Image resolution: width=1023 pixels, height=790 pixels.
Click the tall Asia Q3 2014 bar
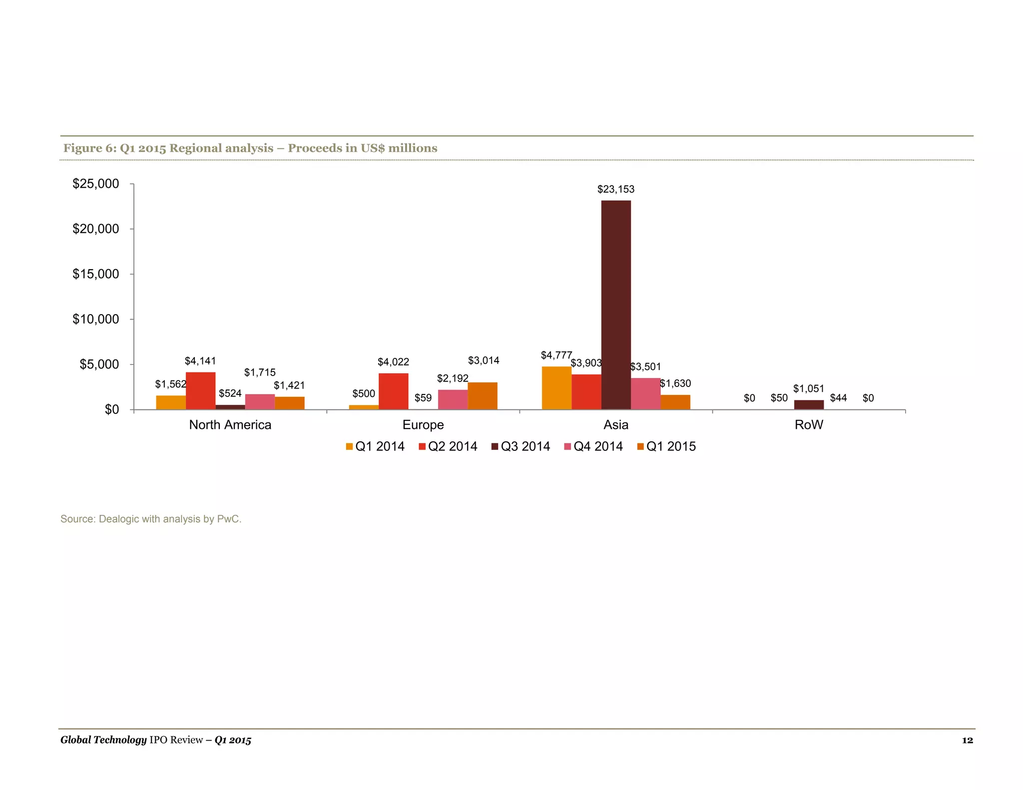click(615, 305)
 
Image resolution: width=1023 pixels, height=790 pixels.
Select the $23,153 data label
click(615, 189)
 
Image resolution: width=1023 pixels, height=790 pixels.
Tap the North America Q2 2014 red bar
click(200, 391)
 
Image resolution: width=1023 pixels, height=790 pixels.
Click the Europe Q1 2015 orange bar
click(482, 396)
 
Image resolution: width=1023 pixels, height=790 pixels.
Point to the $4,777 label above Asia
click(556, 355)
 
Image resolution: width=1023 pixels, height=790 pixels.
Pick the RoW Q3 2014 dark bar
click(809, 404)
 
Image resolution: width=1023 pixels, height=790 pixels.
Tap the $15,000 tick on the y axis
click(96, 274)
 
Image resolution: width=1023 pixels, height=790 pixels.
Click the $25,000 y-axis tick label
click(96, 184)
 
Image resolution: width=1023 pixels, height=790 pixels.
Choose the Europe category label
click(423, 425)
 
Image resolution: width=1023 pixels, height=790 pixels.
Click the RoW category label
click(809, 425)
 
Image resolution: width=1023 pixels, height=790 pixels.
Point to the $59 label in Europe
click(423, 398)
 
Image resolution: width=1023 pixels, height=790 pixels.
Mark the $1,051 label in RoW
click(808, 389)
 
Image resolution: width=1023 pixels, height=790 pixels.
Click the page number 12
click(967, 740)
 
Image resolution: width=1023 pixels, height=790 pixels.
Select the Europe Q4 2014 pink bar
click(453, 399)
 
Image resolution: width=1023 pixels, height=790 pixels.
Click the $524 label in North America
click(230, 394)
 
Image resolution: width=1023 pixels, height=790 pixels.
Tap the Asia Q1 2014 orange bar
click(556, 388)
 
